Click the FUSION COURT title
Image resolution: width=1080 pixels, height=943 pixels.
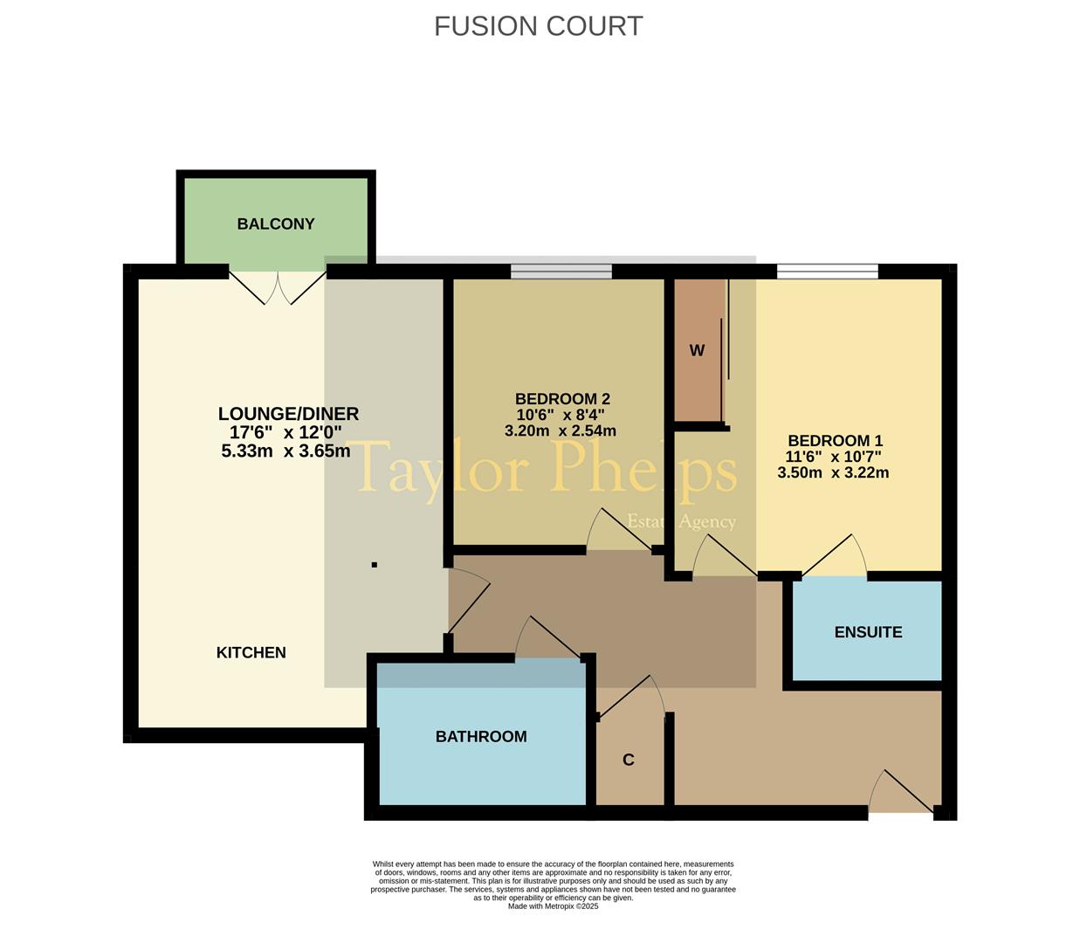click(x=538, y=26)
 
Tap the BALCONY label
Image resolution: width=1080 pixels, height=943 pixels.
click(x=276, y=224)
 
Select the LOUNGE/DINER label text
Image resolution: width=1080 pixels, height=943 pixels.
click(x=288, y=413)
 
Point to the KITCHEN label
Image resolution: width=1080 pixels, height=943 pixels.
click(x=251, y=653)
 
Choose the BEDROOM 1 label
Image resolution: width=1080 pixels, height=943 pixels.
click(x=835, y=441)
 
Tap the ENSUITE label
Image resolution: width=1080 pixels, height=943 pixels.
click(x=869, y=632)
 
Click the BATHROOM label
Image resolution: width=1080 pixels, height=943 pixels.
click(x=481, y=737)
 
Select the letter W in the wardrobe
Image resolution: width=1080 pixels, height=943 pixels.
click(x=697, y=350)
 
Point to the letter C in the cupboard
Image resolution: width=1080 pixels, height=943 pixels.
click(x=628, y=760)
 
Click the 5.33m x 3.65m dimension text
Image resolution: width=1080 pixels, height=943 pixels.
click(x=285, y=451)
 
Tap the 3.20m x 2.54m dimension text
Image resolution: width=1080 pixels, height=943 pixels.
click(x=560, y=431)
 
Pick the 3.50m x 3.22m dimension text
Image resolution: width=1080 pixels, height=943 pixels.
click(x=833, y=473)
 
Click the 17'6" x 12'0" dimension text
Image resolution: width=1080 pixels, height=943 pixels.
click(x=285, y=433)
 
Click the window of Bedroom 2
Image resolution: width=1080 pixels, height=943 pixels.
click(x=561, y=272)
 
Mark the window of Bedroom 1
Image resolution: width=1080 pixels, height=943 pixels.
click(x=828, y=272)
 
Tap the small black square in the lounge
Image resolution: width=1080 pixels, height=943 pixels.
click(x=375, y=565)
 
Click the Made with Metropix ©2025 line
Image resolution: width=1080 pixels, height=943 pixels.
click(x=554, y=906)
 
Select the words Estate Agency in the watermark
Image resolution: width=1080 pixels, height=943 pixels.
click(x=682, y=522)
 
